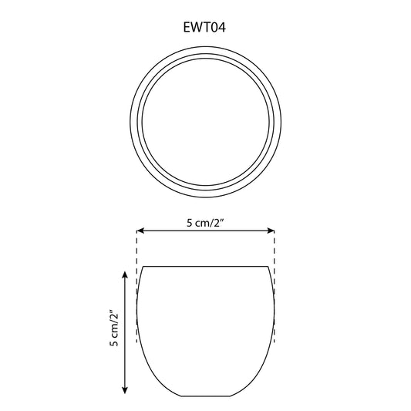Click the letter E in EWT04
coord(187,27)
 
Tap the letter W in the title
coord(196,27)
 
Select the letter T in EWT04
coord(206,27)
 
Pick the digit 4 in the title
coord(221,27)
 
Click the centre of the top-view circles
coord(206,122)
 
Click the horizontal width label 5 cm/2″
coord(205,223)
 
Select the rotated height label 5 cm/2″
coord(114,328)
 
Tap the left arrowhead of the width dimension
coord(140,231)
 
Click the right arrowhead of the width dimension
coord(271,231)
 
